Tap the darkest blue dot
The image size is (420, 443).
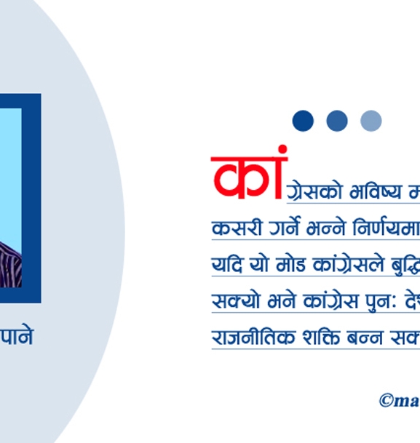(x=303, y=121)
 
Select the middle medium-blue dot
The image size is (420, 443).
(x=337, y=121)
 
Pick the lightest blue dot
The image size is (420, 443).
(x=371, y=121)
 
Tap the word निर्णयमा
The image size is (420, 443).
(x=385, y=228)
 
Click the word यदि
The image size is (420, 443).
(x=223, y=264)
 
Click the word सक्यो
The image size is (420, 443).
(x=231, y=300)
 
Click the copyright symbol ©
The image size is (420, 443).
(x=387, y=400)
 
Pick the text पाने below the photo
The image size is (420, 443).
(x=16, y=337)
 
